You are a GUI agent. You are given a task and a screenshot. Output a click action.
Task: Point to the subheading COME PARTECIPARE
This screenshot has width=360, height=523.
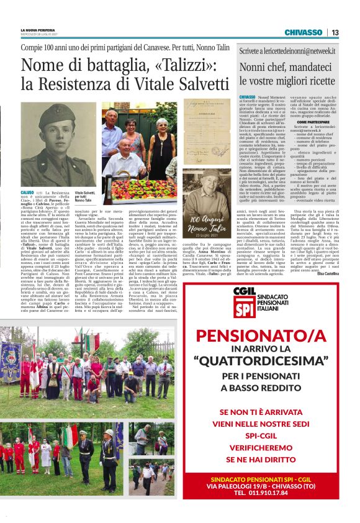pos(306,123)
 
